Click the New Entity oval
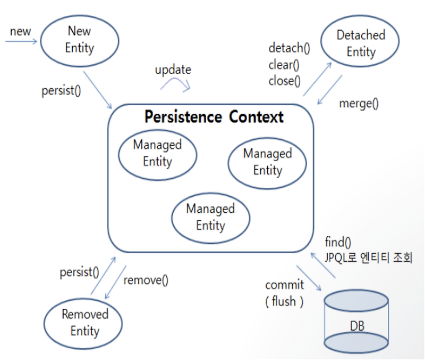pos(79,40)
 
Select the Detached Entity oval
pos(361,44)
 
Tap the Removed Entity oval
pos(84,322)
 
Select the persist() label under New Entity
pos(61,90)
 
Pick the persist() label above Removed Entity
pos(79,273)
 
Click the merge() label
pos(359,103)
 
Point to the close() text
pos(284,81)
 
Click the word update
pos(173,70)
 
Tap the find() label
pos(338,243)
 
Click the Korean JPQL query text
pos(368,258)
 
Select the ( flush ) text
pos(284,302)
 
